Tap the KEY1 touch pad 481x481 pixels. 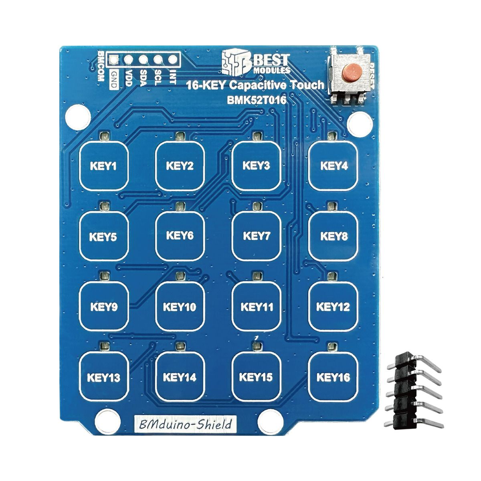pos(104,165)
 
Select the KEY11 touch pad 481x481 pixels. pos(257,307)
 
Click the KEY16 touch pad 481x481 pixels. pos(333,377)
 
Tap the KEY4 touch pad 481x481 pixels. pos(333,165)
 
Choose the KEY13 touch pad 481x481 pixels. pos(104,377)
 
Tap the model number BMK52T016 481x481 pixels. pos(257,100)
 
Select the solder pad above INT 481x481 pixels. pos(173,60)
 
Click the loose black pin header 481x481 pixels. pos(413,389)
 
